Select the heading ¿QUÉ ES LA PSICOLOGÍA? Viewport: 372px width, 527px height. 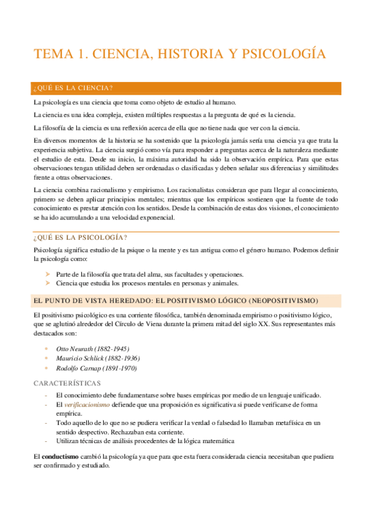80,238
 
